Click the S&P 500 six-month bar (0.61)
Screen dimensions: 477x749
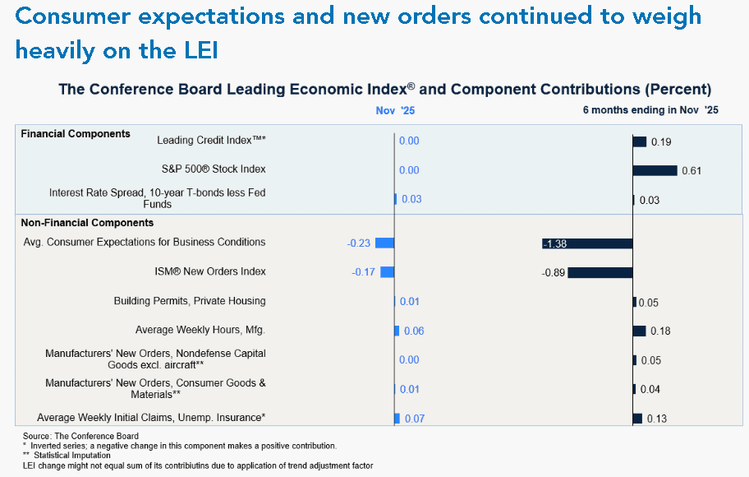click(655, 170)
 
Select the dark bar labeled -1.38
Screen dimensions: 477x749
click(587, 243)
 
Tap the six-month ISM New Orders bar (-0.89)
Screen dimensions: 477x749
click(600, 272)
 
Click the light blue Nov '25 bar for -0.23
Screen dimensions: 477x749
click(384, 243)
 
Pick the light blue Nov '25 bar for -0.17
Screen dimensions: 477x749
click(387, 272)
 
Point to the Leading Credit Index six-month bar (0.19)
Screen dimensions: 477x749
click(639, 141)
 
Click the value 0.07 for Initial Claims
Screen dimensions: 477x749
click(415, 419)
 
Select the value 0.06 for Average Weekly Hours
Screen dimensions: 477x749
click(415, 331)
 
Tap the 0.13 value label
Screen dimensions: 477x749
click(657, 419)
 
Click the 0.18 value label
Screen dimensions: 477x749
click(660, 331)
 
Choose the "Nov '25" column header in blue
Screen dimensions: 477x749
click(395, 110)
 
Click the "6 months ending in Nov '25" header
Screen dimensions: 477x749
click(650, 110)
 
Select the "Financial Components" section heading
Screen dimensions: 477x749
click(76, 133)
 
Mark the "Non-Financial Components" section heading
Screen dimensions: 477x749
click(87, 222)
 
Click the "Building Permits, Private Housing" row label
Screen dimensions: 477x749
click(190, 301)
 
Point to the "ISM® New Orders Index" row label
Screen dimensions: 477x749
click(211, 271)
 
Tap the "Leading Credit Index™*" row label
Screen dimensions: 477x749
click(211, 140)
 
